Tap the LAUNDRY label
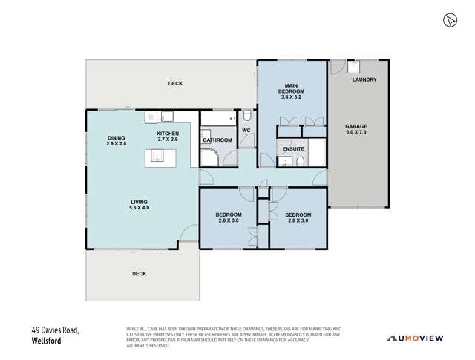[x=364, y=79]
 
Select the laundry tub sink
[x=354, y=65]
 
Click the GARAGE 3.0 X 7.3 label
[x=356, y=130]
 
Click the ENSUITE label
[x=292, y=148]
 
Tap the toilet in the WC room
[x=247, y=116]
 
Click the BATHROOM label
[x=217, y=140]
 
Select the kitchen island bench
[x=158, y=155]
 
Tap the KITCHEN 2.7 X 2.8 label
[x=167, y=135]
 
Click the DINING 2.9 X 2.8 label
[x=117, y=141]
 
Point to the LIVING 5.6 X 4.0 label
[x=139, y=205]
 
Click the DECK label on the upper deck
[x=174, y=84]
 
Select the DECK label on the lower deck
[x=139, y=273]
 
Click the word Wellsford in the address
[x=46, y=342]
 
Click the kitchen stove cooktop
[x=151, y=117]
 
